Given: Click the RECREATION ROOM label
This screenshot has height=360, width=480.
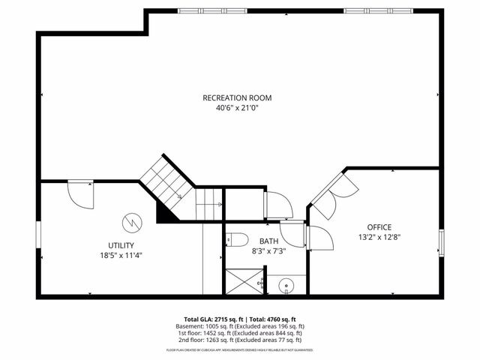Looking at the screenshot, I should [237, 97].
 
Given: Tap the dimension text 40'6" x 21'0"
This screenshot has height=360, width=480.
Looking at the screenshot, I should [237, 107].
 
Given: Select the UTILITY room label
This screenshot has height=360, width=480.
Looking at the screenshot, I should [121, 245].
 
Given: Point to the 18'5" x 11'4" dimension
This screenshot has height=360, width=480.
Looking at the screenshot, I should [121, 255].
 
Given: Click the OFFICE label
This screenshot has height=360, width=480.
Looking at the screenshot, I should [379, 226].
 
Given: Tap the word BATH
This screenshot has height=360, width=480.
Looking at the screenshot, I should [268, 241].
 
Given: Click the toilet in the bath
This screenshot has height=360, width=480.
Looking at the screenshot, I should [237, 239].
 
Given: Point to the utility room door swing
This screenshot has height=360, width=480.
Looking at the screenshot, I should [81, 193].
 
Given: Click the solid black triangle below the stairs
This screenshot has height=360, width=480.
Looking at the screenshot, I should [167, 212].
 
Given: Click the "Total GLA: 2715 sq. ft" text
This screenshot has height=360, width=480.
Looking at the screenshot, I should [211, 319].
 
